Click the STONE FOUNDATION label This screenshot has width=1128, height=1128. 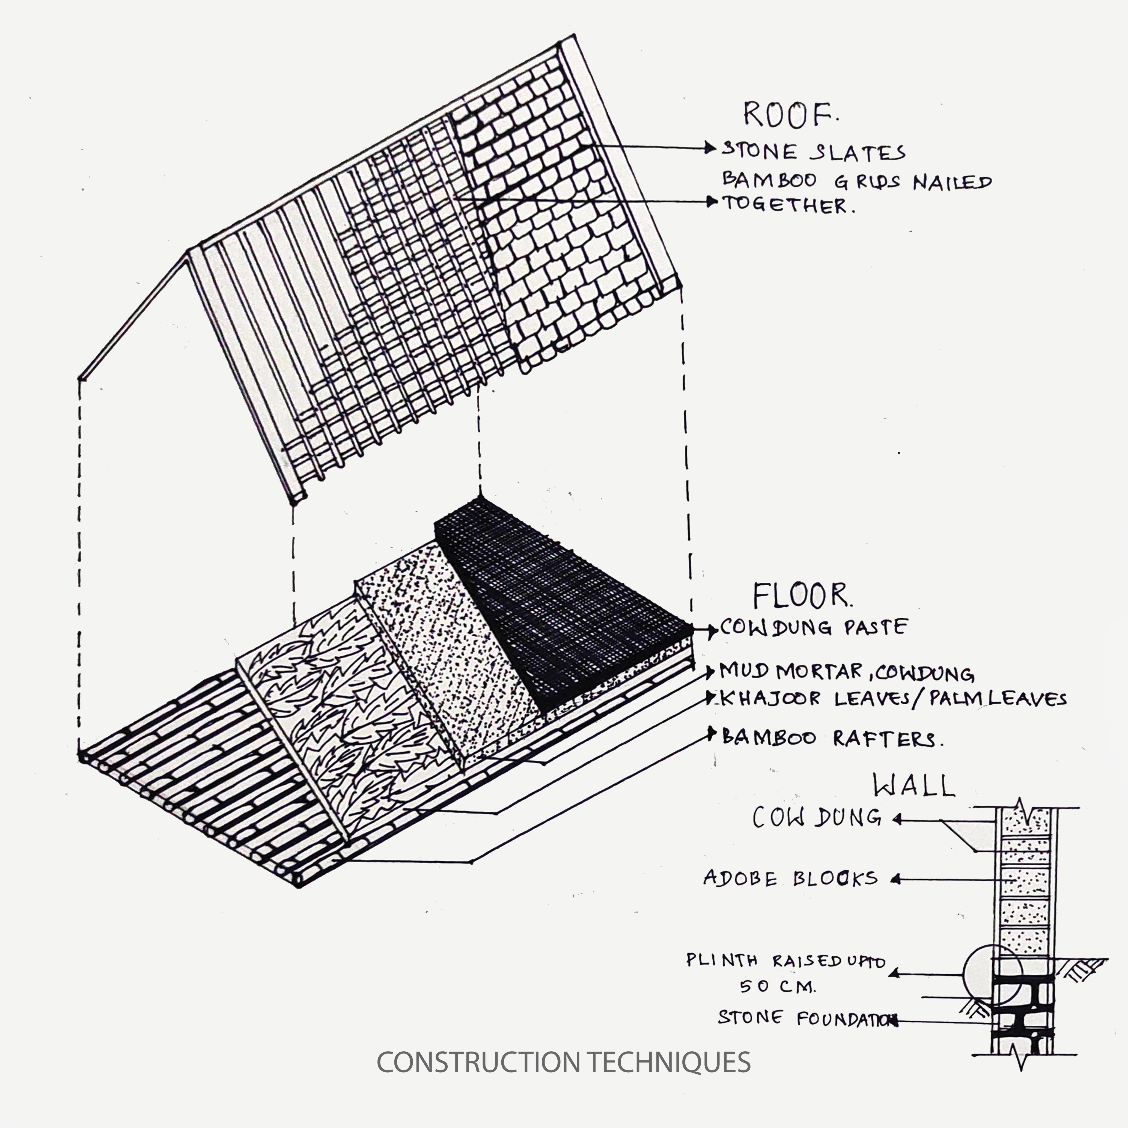pyautogui.click(x=806, y=1019)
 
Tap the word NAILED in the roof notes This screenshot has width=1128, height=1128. pyautogui.click(x=952, y=182)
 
